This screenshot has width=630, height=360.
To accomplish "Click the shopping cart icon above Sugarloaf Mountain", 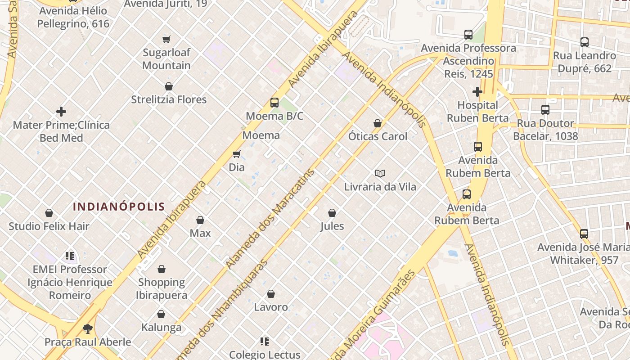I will [x=166, y=40].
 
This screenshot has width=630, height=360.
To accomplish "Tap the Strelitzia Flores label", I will [x=169, y=99].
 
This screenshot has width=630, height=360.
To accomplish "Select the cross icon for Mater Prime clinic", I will [x=61, y=112].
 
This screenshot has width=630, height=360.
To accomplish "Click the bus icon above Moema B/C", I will [x=274, y=103].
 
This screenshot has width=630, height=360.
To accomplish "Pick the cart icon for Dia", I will [x=237, y=154].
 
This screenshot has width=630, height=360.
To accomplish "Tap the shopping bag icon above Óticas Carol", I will [x=378, y=123].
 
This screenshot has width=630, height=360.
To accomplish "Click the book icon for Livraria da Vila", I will [x=380, y=173].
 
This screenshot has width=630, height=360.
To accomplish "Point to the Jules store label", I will [x=332, y=226].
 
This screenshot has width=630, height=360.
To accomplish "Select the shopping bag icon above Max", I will [x=200, y=220].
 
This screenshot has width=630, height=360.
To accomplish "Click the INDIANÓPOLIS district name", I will [x=119, y=207].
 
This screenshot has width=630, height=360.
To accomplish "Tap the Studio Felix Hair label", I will [x=49, y=226].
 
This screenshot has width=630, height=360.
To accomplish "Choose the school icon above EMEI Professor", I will [x=70, y=256].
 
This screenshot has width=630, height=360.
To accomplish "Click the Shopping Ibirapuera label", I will [x=162, y=288].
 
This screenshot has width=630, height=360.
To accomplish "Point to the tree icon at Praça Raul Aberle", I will [x=88, y=329].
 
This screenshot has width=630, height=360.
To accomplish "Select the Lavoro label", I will [x=271, y=307].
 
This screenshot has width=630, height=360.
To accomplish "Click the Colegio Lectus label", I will [x=265, y=355].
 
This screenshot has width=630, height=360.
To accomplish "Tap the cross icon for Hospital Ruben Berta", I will [x=477, y=92].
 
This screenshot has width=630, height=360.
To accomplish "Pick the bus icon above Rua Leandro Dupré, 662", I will [x=585, y=42].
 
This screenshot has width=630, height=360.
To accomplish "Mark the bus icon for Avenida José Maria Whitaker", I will [x=584, y=234].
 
